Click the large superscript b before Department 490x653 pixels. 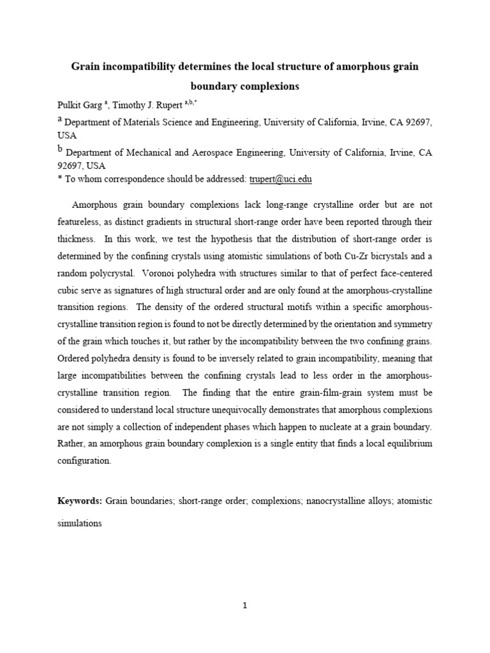tap(61, 150)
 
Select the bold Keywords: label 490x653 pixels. tap(79, 501)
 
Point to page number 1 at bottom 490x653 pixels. tap(245, 606)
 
